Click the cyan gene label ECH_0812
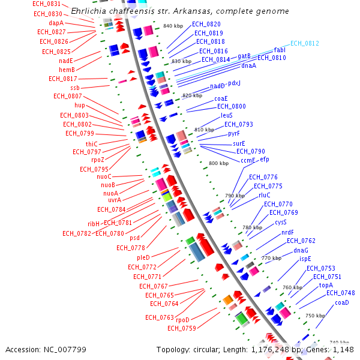coord(304,44)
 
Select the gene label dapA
coord(56,23)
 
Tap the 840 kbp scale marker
coord(173,26)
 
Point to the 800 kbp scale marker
coord(218,163)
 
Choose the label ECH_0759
coord(182,328)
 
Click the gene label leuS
coord(226,115)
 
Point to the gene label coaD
coord(342,302)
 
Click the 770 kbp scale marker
coord(272,258)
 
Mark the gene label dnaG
coord(301,250)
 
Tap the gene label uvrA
coord(114,200)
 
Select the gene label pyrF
coord(234,133)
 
